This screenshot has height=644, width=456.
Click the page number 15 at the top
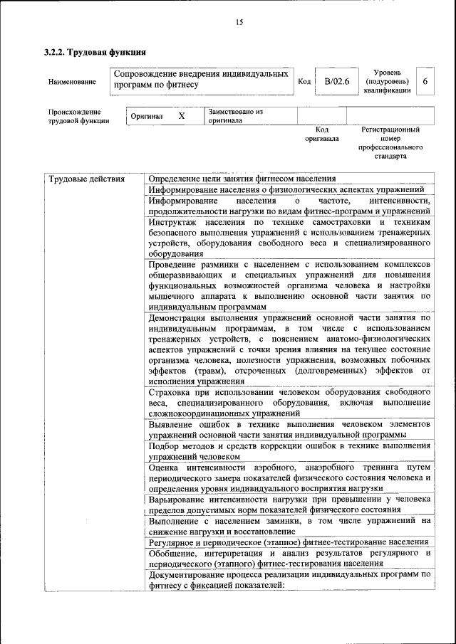(239, 23)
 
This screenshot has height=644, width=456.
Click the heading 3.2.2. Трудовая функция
(95, 52)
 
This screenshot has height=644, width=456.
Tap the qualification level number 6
(425, 82)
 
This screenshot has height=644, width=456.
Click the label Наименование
(72, 82)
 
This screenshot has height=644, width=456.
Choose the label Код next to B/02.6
(304, 82)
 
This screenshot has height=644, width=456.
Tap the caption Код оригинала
(321, 134)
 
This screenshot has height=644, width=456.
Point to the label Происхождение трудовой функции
(78, 116)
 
